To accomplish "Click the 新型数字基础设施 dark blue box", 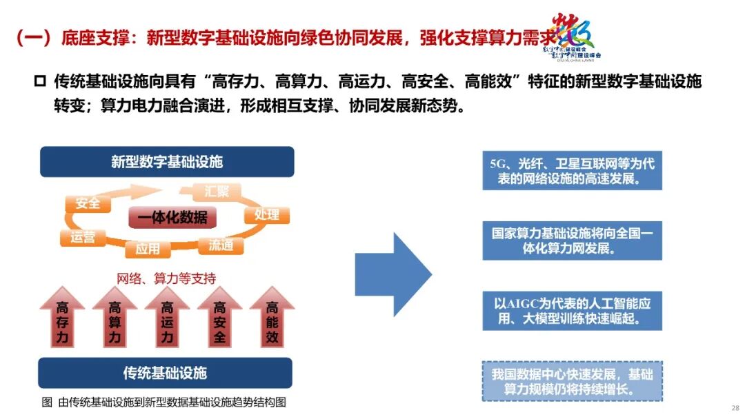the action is [x=167, y=162].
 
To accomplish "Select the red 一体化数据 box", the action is [x=172, y=218].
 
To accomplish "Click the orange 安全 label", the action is [x=88, y=203].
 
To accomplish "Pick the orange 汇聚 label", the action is [x=217, y=191].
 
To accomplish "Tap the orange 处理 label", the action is [x=266, y=214].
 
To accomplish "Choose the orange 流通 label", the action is [x=221, y=245].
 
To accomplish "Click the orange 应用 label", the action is [x=148, y=249].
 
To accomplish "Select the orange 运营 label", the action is [x=83, y=238].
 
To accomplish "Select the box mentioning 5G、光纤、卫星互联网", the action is [x=572, y=171].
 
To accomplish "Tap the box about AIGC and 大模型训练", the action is [x=572, y=311].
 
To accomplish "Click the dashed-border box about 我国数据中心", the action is [x=572, y=381].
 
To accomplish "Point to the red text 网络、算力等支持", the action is [x=166, y=278].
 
